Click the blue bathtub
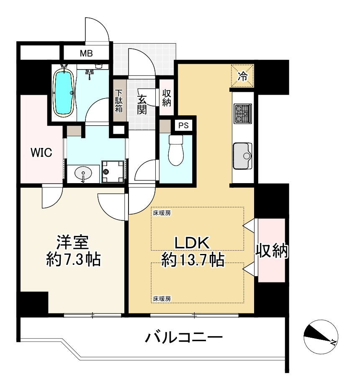64,92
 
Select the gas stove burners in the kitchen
242,114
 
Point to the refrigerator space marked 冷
242,76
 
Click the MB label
86,54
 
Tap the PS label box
183,125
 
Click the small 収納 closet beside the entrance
166,98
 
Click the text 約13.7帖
193,260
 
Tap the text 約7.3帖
73,259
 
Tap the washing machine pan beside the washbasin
113,171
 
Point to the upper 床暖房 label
162,212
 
